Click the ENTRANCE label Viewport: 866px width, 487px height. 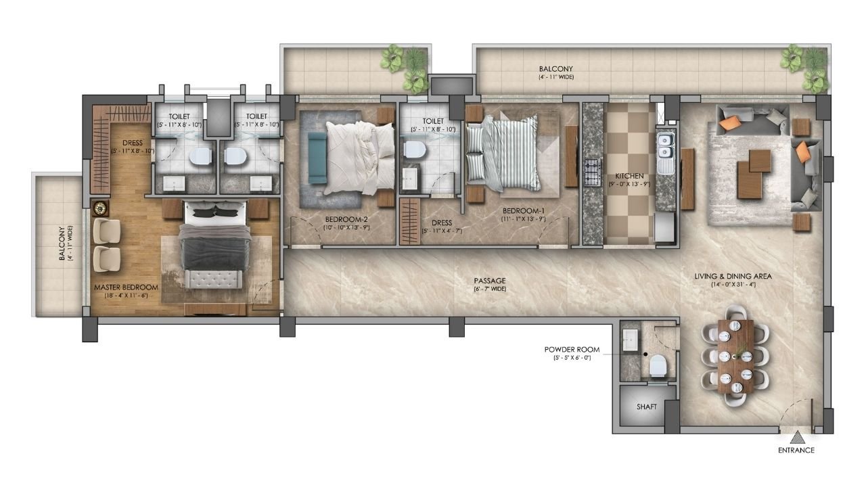click(796, 450)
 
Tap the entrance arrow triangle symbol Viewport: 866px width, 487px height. click(797, 438)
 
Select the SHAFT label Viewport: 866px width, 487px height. click(646, 407)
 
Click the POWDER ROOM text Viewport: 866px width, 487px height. click(572, 350)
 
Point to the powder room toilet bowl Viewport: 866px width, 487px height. click(658, 366)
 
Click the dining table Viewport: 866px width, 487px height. click(735, 356)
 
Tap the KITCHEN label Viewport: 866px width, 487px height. click(629, 177)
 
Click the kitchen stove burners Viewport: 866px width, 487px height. click(592, 173)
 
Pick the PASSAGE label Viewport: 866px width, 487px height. click(490, 281)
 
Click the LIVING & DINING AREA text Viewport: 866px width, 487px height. click(733, 277)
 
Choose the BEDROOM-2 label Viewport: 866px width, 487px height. click(346, 220)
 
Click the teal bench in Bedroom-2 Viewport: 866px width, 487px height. click(317, 158)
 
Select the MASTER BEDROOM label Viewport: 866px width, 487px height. click(126, 287)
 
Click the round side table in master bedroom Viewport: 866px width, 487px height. click(100, 208)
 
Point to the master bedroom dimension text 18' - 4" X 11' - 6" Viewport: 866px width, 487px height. click(126, 296)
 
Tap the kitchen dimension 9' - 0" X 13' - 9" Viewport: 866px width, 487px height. click(629, 185)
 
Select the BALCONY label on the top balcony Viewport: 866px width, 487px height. click(556, 69)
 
